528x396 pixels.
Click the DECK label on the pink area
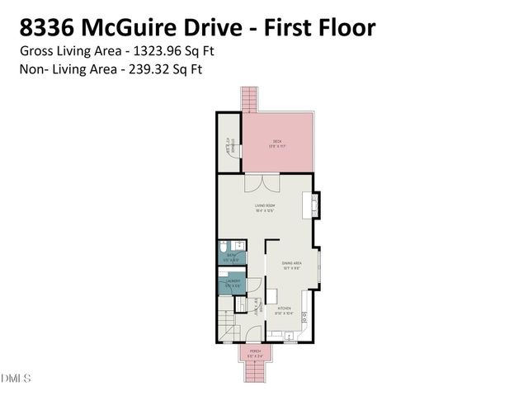pyautogui.click(x=277, y=142)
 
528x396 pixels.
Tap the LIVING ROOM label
pyautogui.click(x=264, y=206)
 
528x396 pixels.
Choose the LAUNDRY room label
pyautogui.click(x=231, y=285)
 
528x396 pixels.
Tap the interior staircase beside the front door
pyautogui.click(x=226, y=328)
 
